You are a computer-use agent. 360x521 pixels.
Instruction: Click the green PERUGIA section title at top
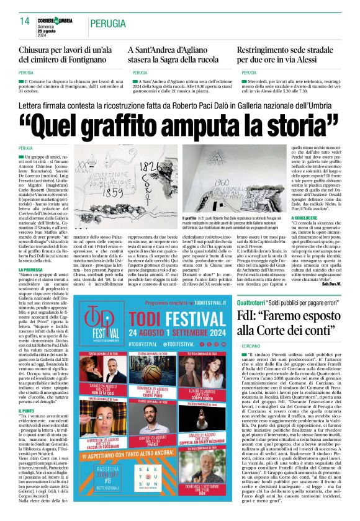point(109,23)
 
